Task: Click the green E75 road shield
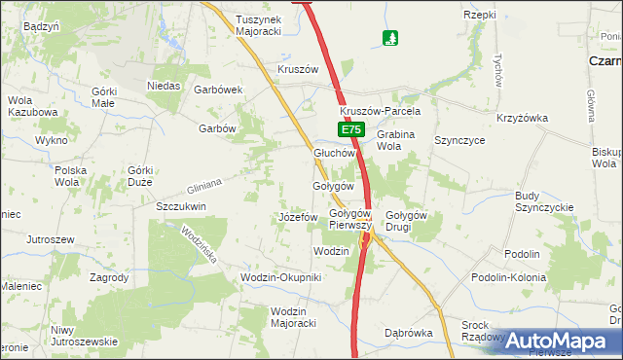point(351,129)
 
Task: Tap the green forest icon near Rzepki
point(390,39)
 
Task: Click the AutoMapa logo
point(563,342)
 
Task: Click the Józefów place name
point(299,216)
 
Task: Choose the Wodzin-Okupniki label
point(280,277)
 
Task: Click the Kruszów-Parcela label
point(379,111)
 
